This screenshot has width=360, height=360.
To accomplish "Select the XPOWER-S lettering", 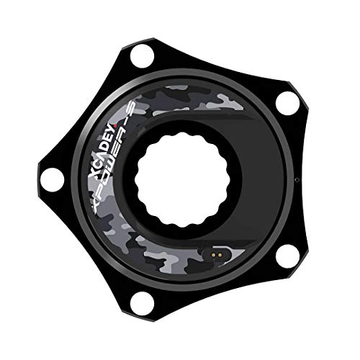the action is click(114, 156).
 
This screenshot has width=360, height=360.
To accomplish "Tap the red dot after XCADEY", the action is click(114, 125).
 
